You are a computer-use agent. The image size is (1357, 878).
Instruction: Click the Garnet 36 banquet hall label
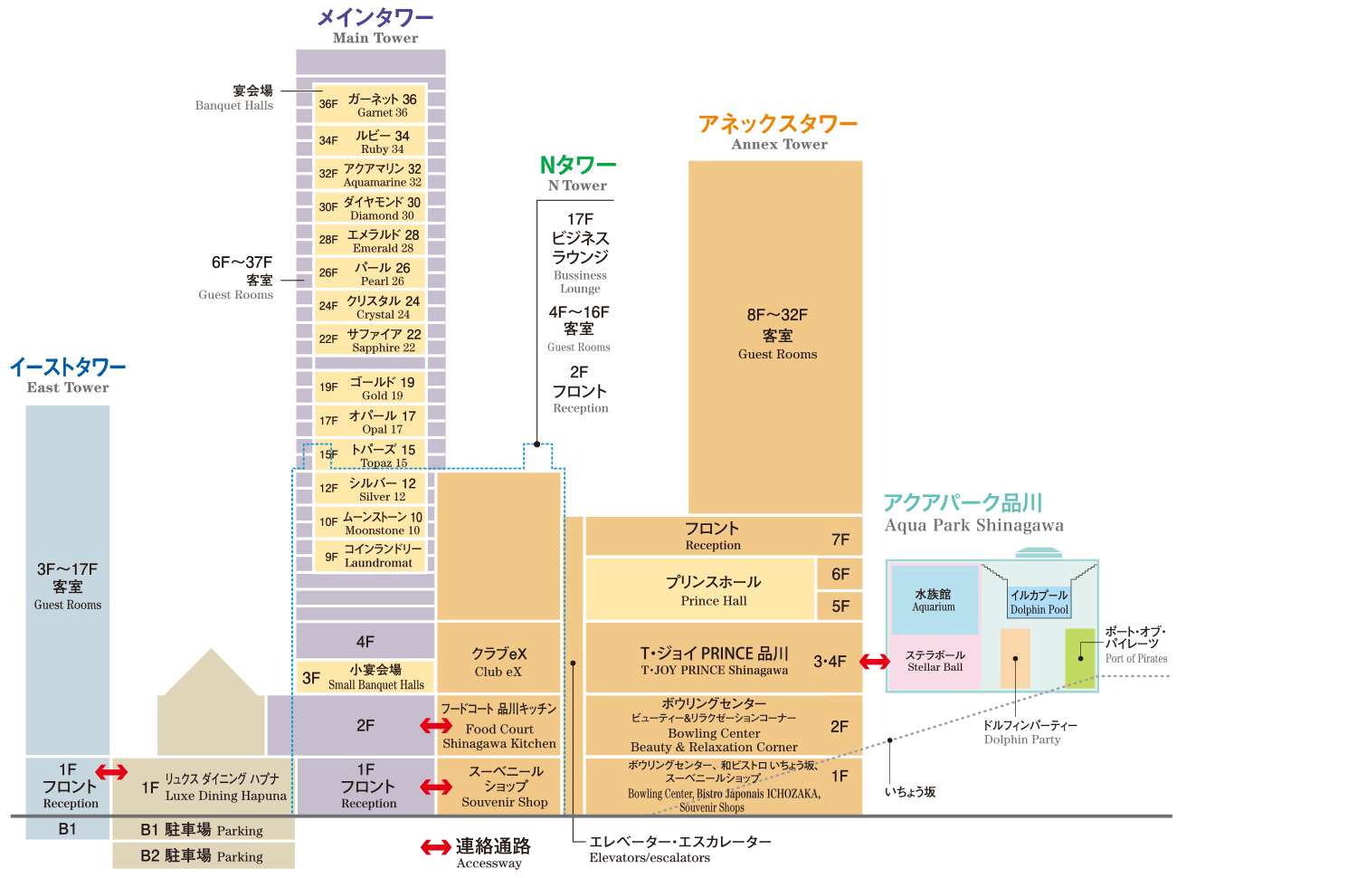(x=370, y=105)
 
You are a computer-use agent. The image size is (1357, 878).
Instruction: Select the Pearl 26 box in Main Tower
(x=370, y=273)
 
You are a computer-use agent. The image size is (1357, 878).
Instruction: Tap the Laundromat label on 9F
(x=370, y=556)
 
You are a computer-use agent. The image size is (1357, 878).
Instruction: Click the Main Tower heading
(x=375, y=26)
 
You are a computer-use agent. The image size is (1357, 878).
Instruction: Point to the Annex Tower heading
(x=778, y=131)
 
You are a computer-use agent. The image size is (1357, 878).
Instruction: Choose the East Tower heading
(x=68, y=375)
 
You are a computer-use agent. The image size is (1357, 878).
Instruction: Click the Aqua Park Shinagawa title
(x=973, y=513)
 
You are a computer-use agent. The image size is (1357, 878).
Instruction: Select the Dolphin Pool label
(x=1039, y=602)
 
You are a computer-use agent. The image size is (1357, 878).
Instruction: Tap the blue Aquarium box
(x=935, y=600)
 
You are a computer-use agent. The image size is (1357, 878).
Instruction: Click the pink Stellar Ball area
(x=935, y=661)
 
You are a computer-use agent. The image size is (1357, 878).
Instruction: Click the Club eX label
(x=498, y=661)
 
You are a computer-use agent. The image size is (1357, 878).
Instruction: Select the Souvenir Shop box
(x=504, y=786)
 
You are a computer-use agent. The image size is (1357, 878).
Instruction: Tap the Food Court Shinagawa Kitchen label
(x=498, y=725)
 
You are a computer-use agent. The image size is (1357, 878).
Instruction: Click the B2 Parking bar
(x=203, y=855)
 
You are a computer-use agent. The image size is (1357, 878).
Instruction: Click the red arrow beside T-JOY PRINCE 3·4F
(x=875, y=662)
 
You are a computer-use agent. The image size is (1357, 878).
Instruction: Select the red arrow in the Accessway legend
(x=436, y=847)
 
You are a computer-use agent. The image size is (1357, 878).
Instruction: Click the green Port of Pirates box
(x=1080, y=658)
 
